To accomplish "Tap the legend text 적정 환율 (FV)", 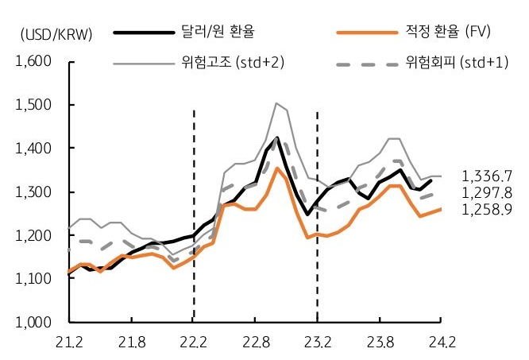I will (x=446, y=33).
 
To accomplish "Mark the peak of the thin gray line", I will (x=276, y=103).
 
